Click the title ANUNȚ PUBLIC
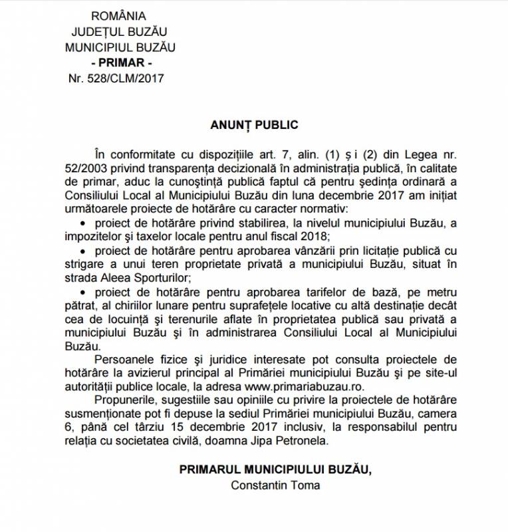coord(253,124)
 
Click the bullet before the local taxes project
coord(82,223)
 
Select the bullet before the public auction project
coord(82,252)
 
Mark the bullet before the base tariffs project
coord(82,293)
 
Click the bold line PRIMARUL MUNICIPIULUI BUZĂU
coord(276,469)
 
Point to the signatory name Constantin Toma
coord(275,485)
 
